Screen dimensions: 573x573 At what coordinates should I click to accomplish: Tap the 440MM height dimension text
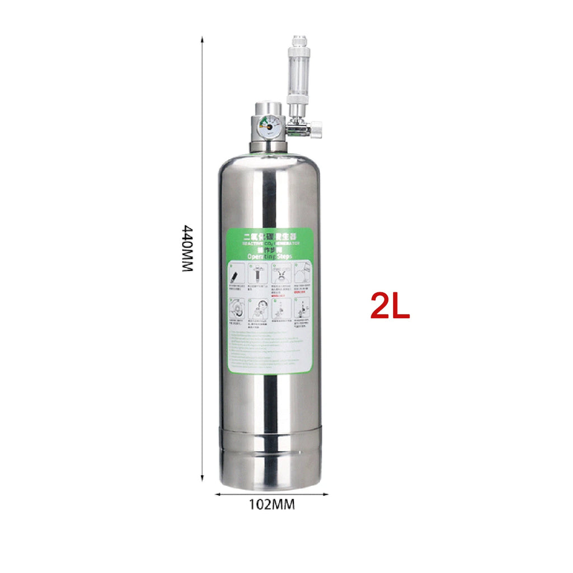[x=187, y=248]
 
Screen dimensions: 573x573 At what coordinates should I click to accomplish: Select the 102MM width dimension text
[x=271, y=504]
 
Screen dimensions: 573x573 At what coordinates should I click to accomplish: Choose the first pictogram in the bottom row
[x=236, y=309]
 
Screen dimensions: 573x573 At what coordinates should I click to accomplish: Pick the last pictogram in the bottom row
[x=303, y=309]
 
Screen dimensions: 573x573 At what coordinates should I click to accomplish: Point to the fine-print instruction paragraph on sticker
[x=270, y=350]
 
